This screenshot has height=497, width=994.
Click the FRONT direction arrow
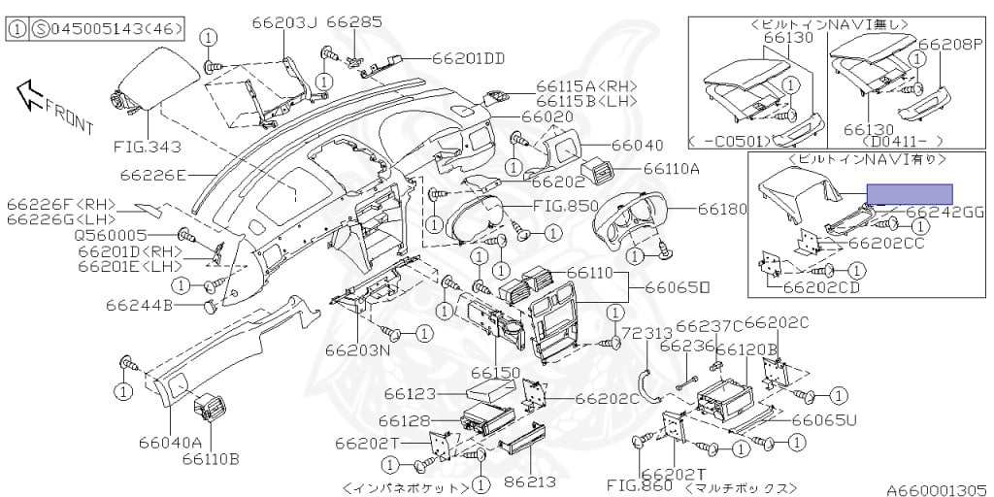click(x=30, y=93)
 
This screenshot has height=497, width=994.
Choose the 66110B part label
click(x=210, y=458)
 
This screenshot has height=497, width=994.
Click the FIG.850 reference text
click(x=566, y=206)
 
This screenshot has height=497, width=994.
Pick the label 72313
click(x=646, y=333)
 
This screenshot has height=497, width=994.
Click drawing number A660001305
click(x=935, y=489)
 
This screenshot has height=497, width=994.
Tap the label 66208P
click(x=950, y=44)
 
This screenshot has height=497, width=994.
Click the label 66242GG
click(x=943, y=211)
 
